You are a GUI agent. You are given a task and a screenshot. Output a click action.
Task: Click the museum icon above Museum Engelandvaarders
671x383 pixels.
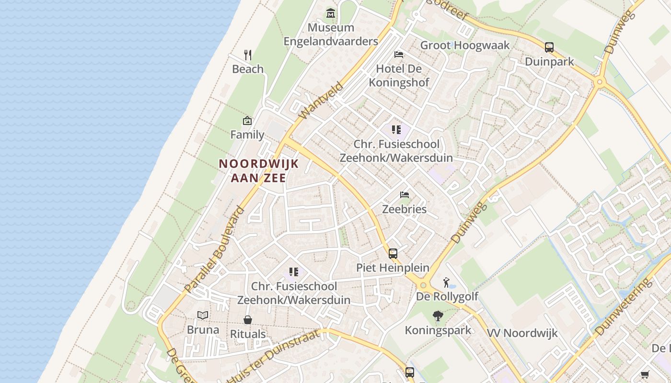[330, 13]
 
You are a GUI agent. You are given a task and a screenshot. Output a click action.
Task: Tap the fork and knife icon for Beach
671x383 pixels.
[248, 55]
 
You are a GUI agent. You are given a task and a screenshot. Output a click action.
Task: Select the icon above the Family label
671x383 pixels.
[247, 121]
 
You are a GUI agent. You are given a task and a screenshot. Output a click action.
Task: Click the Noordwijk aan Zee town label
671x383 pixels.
[259, 171]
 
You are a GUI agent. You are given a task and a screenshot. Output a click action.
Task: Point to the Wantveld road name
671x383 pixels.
[321, 101]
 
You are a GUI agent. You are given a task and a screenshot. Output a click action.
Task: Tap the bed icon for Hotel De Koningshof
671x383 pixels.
[398, 55]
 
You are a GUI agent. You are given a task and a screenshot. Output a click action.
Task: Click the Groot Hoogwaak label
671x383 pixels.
[464, 45]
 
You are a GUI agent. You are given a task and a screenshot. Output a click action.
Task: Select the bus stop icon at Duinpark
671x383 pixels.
[549, 47]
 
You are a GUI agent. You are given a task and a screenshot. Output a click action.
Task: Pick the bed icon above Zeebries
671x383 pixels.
[405, 195]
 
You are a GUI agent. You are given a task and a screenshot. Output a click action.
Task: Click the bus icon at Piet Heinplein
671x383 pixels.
[393, 253]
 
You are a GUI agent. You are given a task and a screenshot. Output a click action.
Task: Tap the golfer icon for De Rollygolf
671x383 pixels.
[447, 282]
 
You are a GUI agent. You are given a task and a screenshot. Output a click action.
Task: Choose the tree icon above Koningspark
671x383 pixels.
[438, 316]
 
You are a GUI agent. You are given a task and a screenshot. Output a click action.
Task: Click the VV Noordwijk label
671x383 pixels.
[522, 333]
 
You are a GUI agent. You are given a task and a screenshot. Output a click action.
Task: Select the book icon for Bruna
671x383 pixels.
[203, 315]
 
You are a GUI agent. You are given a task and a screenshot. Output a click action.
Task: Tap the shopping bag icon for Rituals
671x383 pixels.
[248, 319]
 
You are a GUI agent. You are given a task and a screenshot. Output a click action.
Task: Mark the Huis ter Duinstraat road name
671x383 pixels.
[273, 357]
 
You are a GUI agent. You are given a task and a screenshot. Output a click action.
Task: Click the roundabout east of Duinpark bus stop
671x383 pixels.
[599, 82]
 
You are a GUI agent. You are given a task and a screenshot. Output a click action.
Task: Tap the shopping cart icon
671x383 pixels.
[645, 375]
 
